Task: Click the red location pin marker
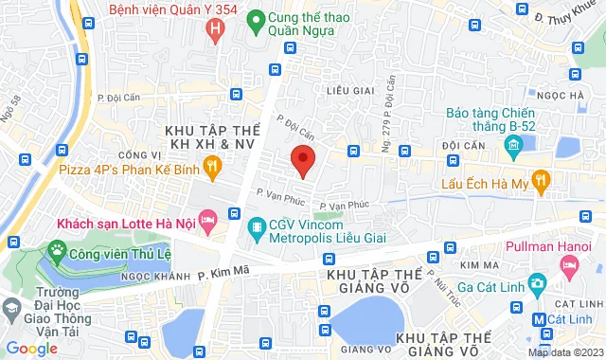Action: (302, 159)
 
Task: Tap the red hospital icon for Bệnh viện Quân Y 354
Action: (217, 29)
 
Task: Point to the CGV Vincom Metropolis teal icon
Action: (256, 227)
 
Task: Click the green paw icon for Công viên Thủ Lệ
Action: (59, 251)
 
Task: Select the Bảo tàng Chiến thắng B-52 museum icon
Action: (514, 144)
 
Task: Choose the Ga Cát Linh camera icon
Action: (537, 283)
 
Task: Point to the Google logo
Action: (32, 349)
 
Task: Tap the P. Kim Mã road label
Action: (219, 274)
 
